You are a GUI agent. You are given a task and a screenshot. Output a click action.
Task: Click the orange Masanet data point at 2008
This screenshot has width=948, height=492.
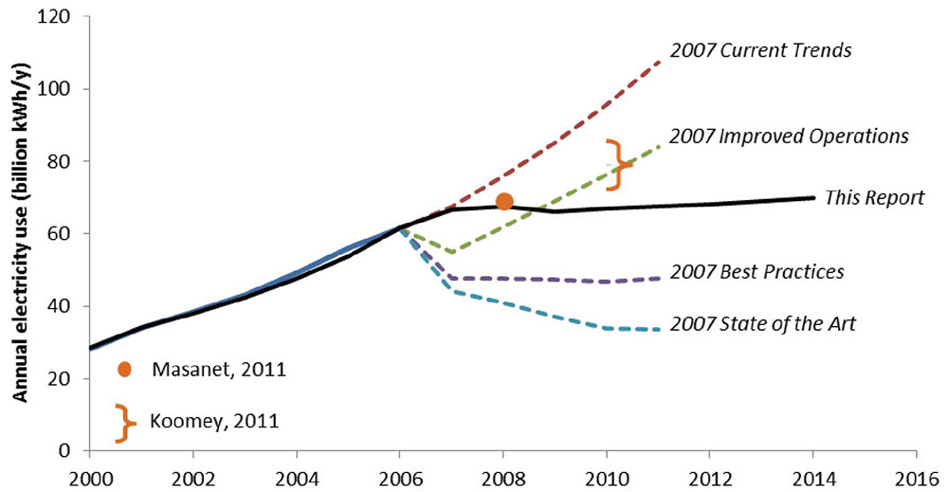click(504, 201)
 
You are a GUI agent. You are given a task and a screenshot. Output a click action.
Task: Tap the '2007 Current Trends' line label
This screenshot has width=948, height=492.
click(760, 50)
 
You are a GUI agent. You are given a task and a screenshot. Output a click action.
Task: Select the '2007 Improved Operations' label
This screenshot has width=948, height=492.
click(789, 136)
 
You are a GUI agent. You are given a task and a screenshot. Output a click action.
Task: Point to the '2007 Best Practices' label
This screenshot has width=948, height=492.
click(756, 272)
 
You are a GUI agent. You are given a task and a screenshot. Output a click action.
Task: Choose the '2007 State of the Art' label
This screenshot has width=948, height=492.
click(761, 324)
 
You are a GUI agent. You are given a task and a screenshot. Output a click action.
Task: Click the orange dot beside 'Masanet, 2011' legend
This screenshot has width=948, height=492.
click(123, 369)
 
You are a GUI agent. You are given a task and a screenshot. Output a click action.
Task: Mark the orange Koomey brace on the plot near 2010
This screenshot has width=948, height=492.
click(617, 162)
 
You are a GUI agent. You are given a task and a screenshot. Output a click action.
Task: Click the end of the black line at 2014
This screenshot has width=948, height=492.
click(813, 197)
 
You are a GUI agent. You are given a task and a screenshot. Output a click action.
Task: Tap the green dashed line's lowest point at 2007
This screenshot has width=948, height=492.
click(452, 251)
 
